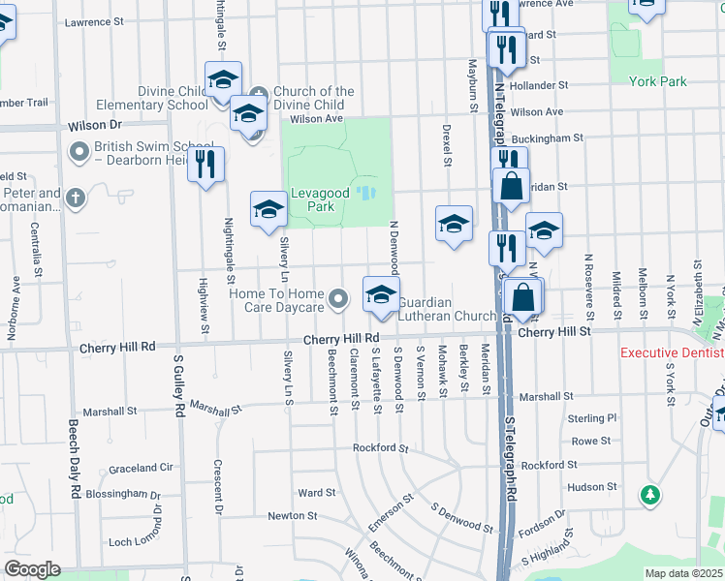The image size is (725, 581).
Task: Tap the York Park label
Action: click(658, 81)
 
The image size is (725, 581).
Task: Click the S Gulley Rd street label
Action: click(178, 386)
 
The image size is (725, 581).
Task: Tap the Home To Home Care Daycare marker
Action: click(337, 300)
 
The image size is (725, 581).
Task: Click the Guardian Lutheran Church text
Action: click(447, 309)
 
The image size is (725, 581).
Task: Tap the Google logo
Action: click(32, 569)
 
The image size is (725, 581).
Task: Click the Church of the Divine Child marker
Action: click(260, 92)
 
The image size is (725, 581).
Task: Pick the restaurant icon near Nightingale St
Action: click(205, 165)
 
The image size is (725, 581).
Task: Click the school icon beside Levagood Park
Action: click(268, 209)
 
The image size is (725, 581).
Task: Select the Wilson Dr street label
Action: click(95, 126)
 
